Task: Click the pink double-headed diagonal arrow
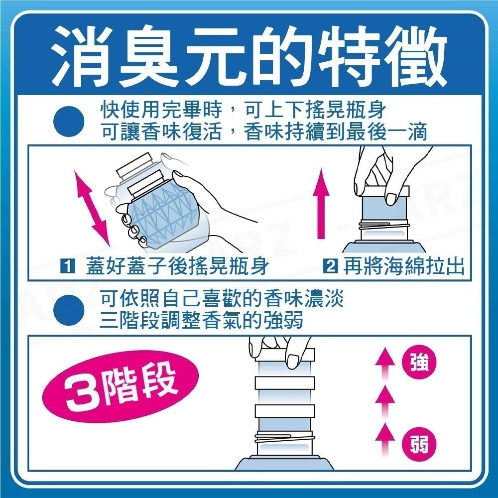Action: click(92, 205)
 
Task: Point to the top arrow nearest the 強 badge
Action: click(384, 364)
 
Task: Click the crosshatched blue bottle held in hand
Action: click(164, 214)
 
